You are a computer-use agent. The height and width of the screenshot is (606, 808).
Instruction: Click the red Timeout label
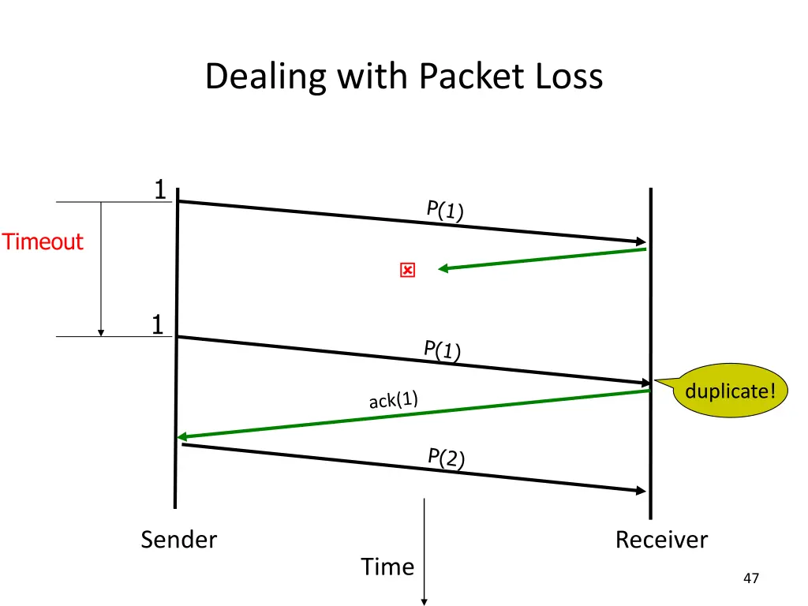pyautogui.click(x=43, y=241)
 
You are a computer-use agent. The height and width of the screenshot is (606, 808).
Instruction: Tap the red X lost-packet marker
pyautogui.click(x=408, y=270)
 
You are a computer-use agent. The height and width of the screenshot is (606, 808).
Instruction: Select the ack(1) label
pyautogui.click(x=393, y=400)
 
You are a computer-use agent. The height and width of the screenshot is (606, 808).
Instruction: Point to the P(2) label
pyautogui.click(x=447, y=458)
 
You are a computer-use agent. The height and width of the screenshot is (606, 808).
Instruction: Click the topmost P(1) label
pyautogui.click(x=445, y=210)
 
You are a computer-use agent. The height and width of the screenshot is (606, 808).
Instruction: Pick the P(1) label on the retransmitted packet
pyautogui.click(x=442, y=350)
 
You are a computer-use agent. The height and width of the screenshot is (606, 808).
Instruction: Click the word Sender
pyautogui.click(x=179, y=540)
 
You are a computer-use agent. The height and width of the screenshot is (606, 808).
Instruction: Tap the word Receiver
pyautogui.click(x=662, y=540)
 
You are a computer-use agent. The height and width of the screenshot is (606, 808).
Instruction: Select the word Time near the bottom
pyautogui.click(x=387, y=567)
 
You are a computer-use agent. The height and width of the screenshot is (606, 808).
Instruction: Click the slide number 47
pyautogui.click(x=751, y=578)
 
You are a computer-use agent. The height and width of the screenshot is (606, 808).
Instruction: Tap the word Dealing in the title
pyautogui.click(x=266, y=77)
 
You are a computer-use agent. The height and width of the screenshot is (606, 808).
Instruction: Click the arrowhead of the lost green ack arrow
pyautogui.click(x=443, y=268)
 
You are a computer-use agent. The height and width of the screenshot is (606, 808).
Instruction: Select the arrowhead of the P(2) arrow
pyautogui.click(x=641, y=491)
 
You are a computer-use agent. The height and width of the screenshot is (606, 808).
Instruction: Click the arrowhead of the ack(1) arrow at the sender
pyautogui.click(x=181, y=437)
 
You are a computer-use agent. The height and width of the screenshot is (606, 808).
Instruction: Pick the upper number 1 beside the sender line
pyautogui.click(x=160, y=189)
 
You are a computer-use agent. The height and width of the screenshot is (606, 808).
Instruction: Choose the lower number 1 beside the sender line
pyautogui.click(x=158, y=324)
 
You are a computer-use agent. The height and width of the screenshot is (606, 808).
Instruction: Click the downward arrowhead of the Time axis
pyautogui.click(x=424, y=602)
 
